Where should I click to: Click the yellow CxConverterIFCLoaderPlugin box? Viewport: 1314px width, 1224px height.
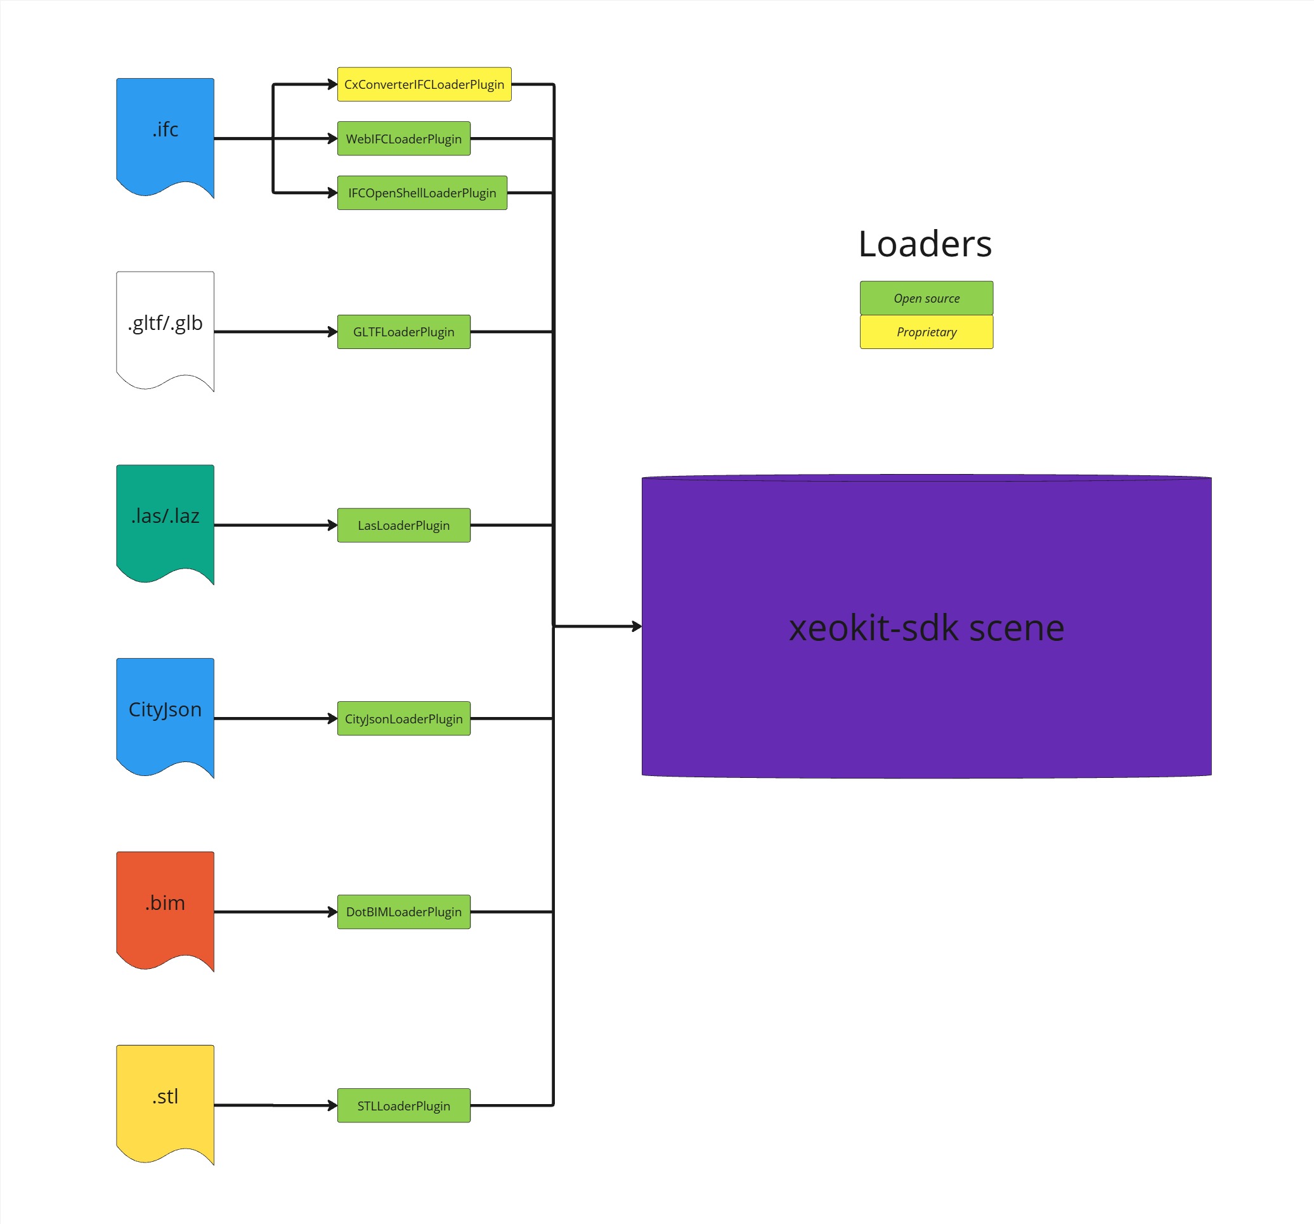tap(424, 84)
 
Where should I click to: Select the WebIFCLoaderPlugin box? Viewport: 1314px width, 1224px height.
tap(403, 138)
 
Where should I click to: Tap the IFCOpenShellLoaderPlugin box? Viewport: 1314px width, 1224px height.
tap(422, 192)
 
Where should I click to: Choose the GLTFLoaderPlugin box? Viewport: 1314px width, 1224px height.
tap(403, 331)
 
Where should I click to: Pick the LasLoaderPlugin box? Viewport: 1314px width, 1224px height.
tap(403, 525)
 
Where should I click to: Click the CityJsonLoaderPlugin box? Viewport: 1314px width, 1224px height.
tap(403, 718)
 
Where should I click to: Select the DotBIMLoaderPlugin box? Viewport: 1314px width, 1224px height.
tap(403, 911)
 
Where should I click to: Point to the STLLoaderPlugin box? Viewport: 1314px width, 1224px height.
tap(403, 1105)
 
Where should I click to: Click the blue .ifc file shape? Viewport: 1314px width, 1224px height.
tap(165, 132)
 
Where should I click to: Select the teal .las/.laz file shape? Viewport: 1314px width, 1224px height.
tap(165, 519)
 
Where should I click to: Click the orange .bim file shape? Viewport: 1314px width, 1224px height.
tap(165, 905)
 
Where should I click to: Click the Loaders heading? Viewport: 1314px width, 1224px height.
tap(925, 244)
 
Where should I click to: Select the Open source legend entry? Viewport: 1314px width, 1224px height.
tap(926, 298)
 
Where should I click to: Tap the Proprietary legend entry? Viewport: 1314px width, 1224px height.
tap(926, 332)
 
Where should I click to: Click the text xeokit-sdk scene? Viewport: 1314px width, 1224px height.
tap(926, 628)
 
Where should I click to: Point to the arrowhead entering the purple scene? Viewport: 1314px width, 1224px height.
tap(637, 626)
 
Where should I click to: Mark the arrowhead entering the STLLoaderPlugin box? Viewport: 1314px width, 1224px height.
tap(332, 1105)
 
